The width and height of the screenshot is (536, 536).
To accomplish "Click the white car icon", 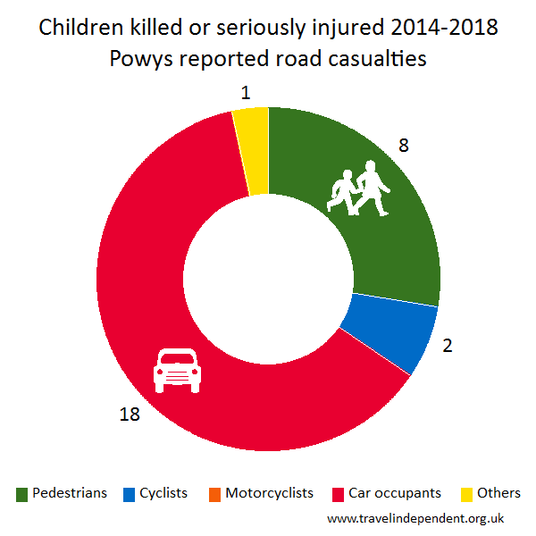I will click(x=176, y=370).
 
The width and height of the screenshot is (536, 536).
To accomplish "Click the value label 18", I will click(x=130, y=414).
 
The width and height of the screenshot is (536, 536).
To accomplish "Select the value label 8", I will click(x=404, y=145).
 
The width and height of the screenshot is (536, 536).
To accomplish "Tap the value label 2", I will click(x=449, y=342).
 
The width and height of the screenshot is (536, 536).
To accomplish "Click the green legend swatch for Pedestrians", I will click(x=22, y=494).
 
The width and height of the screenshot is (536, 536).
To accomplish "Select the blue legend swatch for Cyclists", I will click(x=130, y=494).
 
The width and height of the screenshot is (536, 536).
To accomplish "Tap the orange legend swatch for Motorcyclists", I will click(x=215, y=494).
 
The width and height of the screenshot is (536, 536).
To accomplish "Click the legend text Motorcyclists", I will click(x=270, y=493).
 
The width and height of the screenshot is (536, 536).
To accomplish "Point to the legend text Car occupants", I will click(x=395, y=493).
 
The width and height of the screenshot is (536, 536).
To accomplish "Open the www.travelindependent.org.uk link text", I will click(x=416, y=518).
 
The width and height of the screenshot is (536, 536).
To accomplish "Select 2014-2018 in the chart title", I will click(x=444, y=29).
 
